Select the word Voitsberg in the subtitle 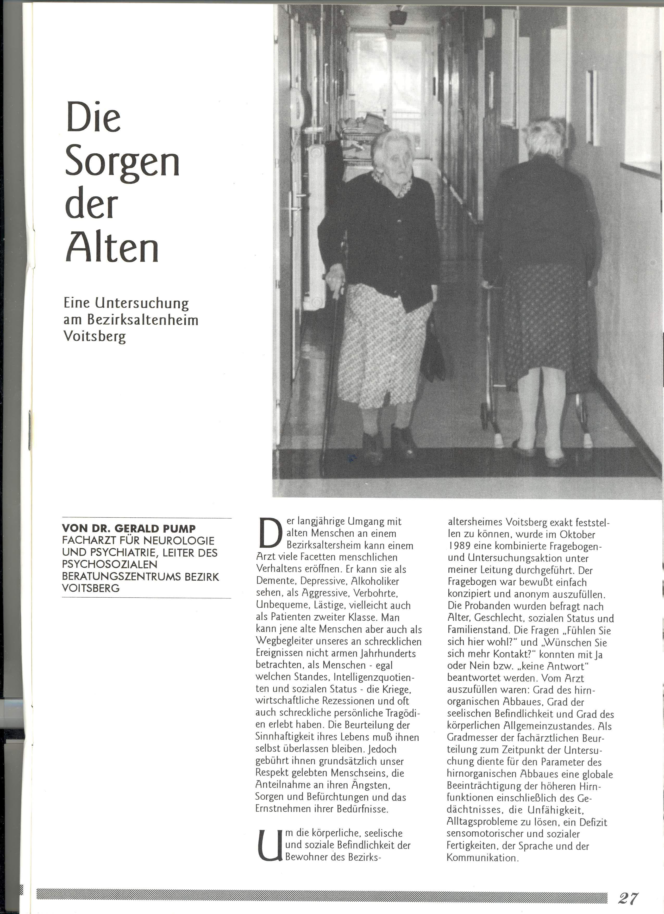click(95, 336)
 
